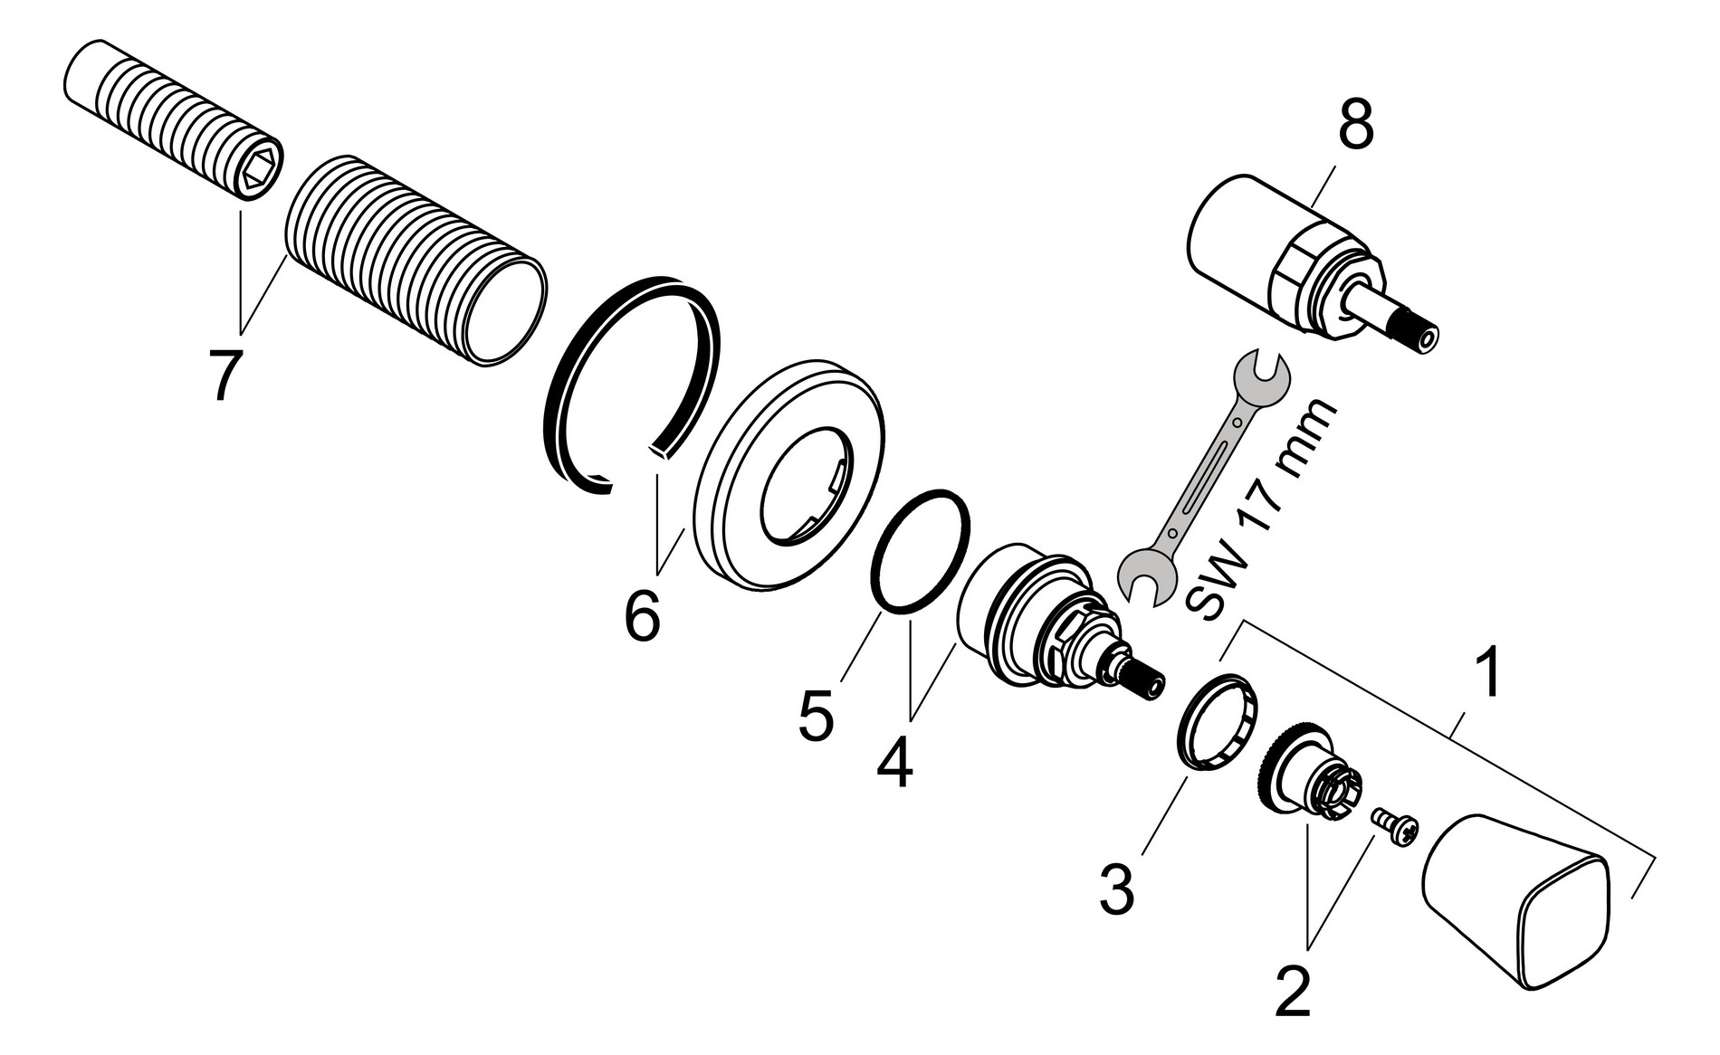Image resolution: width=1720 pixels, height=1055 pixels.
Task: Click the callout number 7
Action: click(223, 374)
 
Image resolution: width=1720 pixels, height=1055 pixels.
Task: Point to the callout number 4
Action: click(894, 762)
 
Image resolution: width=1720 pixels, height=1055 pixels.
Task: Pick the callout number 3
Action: click(1117, 889)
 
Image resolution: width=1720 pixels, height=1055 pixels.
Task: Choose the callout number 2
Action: click(1292, 991)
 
